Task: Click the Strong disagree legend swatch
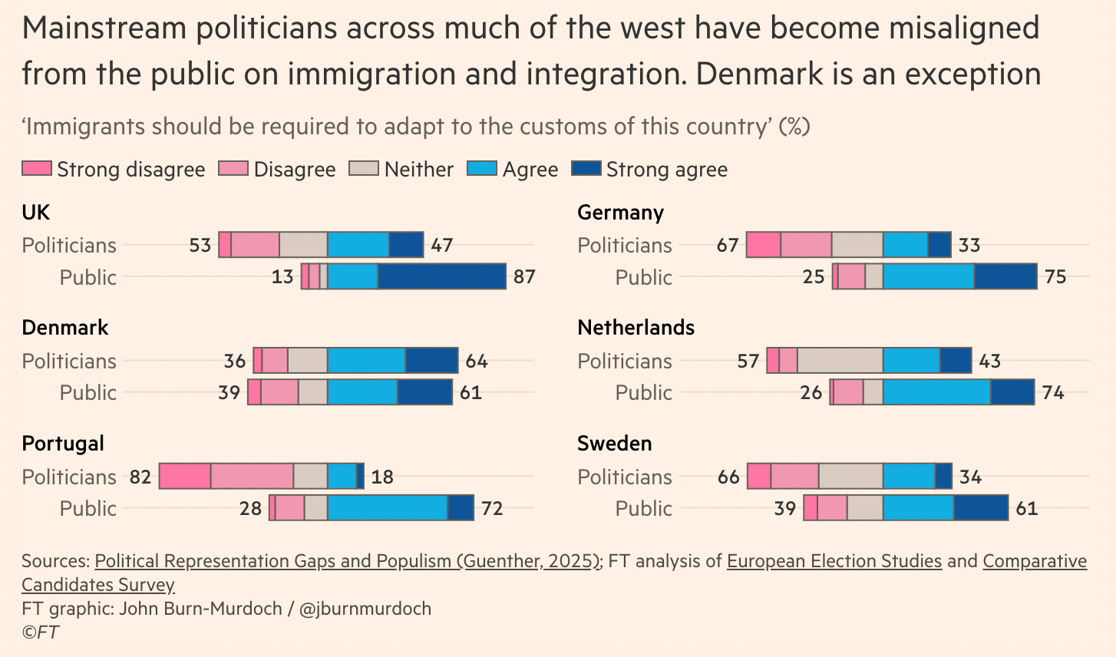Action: pyautogui.click(x=36, y=169)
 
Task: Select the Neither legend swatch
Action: pyautogui.click(x=364, y=169)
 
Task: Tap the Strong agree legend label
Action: pyautogui.click(x=666, y=170)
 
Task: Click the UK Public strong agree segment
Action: pyautogui.click(x=441, y=276)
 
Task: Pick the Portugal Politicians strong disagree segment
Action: pyautogui.click(x=185, y=476)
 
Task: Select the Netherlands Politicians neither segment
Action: pyautogui.click(x=840, y=360)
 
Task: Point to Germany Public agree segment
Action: pyautogui.click(x=929, y=276)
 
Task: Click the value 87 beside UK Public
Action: pyautogui.click(x=524, y=276)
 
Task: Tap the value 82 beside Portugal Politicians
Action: pyautogui.click(x=140, y=477)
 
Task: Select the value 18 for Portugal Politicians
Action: pyautogui.click(x=382, y=477)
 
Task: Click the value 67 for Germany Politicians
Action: pyautogui.click(x=728, y=245)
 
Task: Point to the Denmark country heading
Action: pyautogui.click(x=65, y=328)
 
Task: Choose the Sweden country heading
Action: pyautogui.click(x=614, y=444)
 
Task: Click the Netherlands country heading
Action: pyautogui.click(x=636, y=328)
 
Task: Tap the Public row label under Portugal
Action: pyautogui.click(x=87, y=508)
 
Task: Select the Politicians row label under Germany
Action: pyautogui.click(x=624, y=245)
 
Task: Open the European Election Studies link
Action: pyautogui.click(x=834, y=561)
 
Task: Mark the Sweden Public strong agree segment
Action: pyautogui.click(x=981, y=508)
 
